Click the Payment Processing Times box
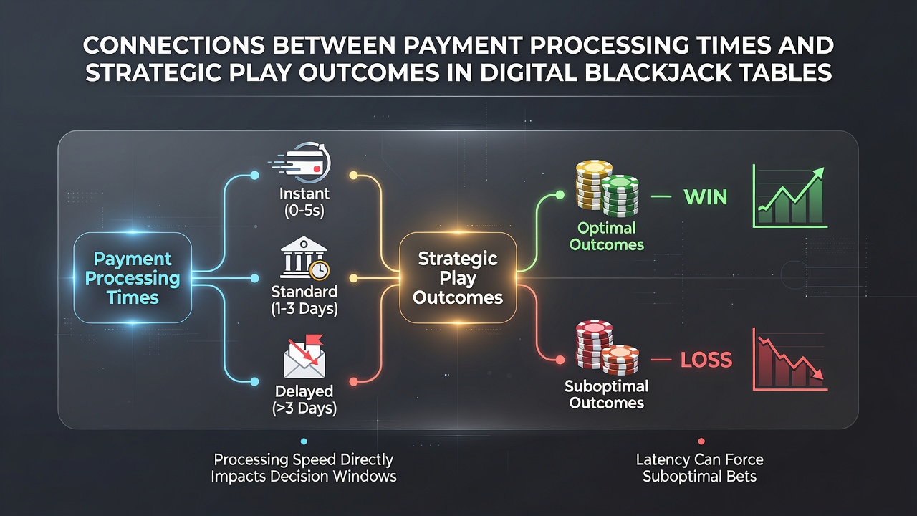point(133,277)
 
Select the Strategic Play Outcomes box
point(458,277)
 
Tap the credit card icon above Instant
point(301,163)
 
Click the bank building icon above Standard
point(304,258)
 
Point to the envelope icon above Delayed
point(304,357)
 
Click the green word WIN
point(706,197)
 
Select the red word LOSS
point(706,360)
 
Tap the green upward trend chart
point(789,196)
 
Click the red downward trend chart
point(789,359)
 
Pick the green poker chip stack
point(620,196)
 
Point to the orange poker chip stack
point(620,360)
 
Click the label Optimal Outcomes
point(607,236)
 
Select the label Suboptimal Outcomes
point(607,394)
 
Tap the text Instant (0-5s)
point(304,202)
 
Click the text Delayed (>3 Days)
point(304,400)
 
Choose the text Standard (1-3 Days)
point(304,300)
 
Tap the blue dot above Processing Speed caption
point(304,441)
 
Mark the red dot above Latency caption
point(701,441)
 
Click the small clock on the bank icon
point(320,270)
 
